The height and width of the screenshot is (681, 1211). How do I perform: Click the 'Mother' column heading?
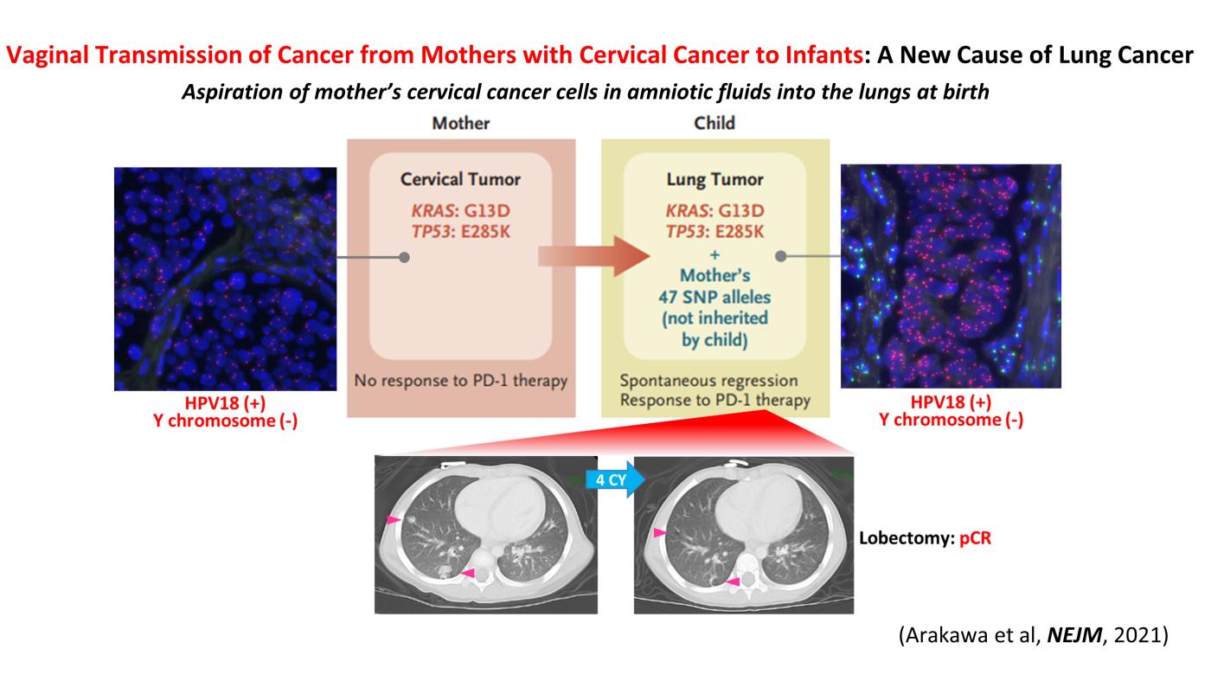(460, 124)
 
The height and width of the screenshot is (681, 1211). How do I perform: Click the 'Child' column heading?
(714, 124)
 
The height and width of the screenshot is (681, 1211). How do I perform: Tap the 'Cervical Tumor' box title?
(460, 179)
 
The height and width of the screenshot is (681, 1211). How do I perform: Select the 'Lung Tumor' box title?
(714, 179)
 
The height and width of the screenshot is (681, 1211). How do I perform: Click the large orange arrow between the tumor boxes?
(593, 256)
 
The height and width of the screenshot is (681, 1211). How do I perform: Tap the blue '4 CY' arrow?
(615, 479)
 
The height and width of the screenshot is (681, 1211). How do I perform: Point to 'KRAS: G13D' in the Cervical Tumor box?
(460, 210)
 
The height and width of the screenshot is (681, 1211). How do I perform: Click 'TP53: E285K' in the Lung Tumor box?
(714, 232)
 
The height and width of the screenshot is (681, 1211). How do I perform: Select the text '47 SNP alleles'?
(714, 297)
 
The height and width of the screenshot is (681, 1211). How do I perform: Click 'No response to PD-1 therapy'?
(460, 381)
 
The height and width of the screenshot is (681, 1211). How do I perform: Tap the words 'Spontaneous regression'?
(708, 380)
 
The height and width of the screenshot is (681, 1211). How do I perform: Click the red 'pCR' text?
(976, 538)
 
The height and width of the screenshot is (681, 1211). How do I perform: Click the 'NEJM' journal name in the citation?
(1074, 634)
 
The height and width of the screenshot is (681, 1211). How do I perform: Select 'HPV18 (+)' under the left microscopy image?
(225, 403)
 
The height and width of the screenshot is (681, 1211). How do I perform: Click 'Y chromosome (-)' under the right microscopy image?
(951, 420)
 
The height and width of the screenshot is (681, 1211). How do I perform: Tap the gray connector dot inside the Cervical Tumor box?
(404, 258)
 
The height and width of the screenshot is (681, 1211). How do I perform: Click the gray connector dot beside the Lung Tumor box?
(780, 256)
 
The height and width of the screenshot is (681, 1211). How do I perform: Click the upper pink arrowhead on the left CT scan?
(393, 520)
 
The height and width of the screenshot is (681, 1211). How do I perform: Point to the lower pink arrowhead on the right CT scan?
(734, 581)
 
